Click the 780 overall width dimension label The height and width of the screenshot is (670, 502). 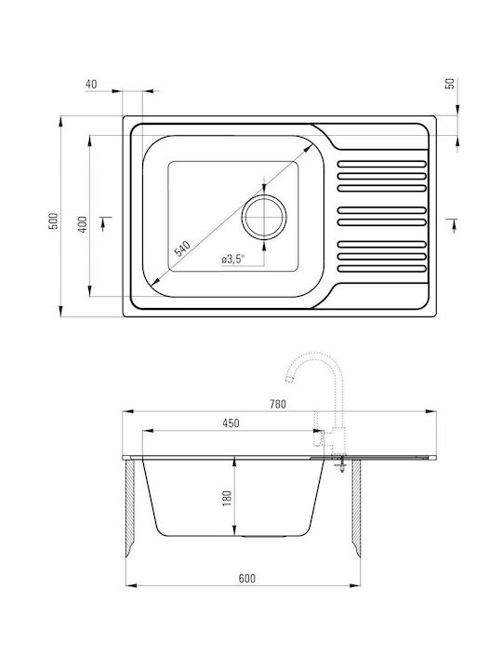tap(278, 404)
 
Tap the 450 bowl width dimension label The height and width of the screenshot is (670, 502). tap(231, 423)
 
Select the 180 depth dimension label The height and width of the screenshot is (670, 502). tap(227, 498)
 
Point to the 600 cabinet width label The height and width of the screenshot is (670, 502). tap(246, 578)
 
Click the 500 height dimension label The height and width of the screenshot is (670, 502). tap(53, 221)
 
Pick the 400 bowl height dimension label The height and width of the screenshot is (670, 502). tap(83, 224)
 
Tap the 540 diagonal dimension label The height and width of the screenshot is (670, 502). tap(182, 248)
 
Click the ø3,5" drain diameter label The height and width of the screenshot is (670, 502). tap(232, 259)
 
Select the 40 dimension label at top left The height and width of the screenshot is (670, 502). tap(91, 84)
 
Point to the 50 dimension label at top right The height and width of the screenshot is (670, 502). tap(450, 84)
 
